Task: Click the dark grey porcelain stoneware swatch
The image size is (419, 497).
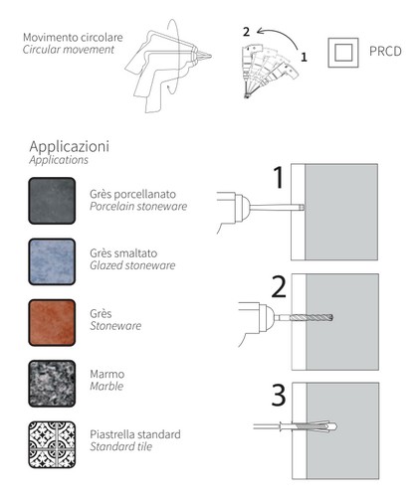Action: click(x=52, y=201)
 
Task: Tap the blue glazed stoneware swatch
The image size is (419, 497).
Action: click(x=52, y=261)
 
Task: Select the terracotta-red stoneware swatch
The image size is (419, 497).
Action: click(x=52, y=323)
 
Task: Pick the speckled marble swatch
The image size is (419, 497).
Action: click(x=52, y=384)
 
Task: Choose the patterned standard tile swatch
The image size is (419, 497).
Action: click(x=52, y=444)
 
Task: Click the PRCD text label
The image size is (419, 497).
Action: click(x=385, y=52)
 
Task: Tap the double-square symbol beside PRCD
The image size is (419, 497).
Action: click(x=343, y=53)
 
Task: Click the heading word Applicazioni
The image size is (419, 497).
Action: click(x=69, y=146)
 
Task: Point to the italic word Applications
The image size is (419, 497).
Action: click(x=59, y=160)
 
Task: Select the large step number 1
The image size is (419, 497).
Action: click(x=279, y=177)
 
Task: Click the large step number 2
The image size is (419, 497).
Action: click(x=279, y=287)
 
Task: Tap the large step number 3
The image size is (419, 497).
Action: click(x=279, y=395)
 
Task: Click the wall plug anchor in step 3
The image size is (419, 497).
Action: click(x=309, y=426)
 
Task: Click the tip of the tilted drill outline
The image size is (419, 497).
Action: click(x=211, y=56)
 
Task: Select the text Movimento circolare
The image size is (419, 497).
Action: click(x=73, y=37)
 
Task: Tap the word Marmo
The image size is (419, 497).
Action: click(x=107, y=374)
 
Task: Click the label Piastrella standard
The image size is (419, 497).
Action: click(x=135, y=434)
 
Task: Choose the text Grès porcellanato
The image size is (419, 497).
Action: click(x=132, y=194)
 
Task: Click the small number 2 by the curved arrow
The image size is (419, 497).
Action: click(x=246, y=32)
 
